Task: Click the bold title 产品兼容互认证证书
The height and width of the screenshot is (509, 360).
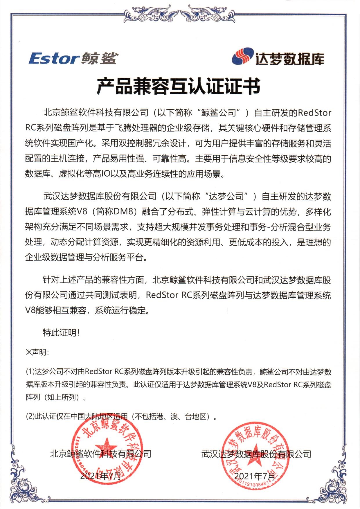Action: click(x=178, y=87)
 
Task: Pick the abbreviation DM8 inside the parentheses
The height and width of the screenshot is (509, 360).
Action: click(x=123, y=212)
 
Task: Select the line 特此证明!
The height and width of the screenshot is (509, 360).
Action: click(x=61, y=332)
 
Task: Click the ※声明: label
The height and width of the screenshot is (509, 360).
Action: click(x=37, y=352)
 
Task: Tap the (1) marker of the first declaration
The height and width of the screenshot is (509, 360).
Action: click(x=30, y=371)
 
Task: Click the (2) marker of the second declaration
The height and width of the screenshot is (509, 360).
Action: click(x=30, y=417)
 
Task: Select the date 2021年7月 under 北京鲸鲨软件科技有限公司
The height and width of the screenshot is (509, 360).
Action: click(x=100, y=476)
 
